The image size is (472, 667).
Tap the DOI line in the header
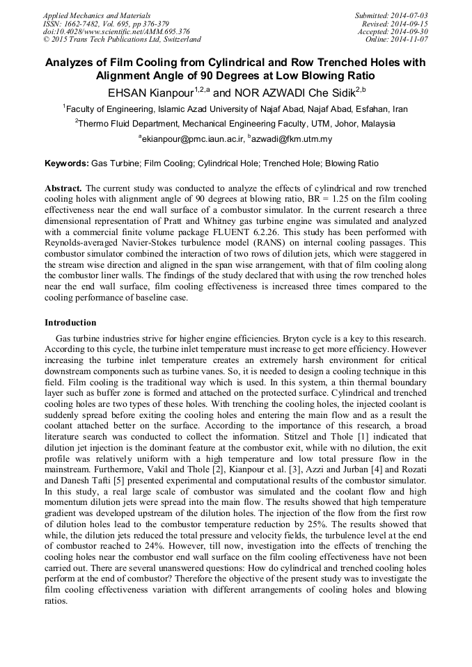(116, 31)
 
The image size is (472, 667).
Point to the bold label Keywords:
(67, 164)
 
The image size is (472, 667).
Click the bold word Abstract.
(63, 188)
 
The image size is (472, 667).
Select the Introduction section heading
(70, 323)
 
